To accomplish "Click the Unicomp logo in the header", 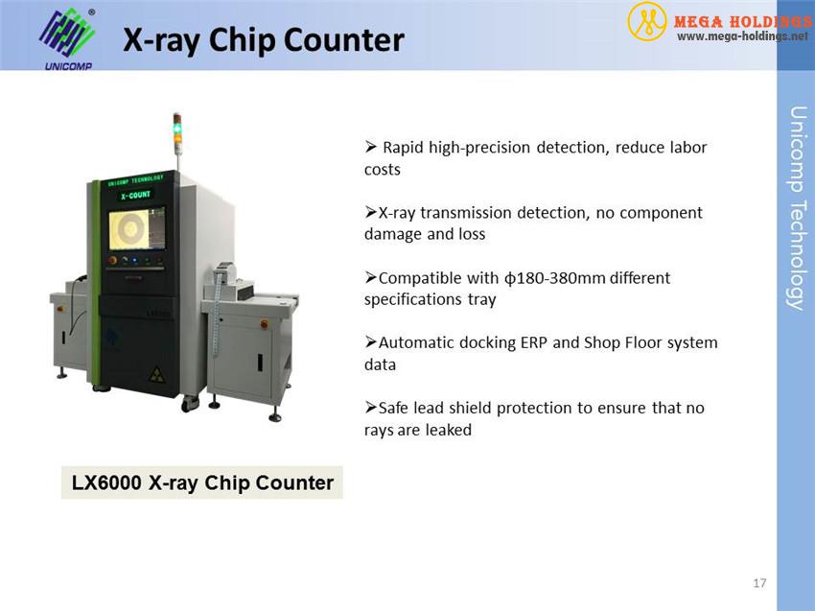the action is tap(67, 38).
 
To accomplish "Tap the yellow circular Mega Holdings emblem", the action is tap(646, 21).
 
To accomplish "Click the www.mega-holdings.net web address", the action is tap(742, 36).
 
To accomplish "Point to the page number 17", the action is tap(759, 583).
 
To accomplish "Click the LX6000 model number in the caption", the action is tap(106, 482).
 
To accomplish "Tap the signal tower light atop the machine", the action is tap(177, 134).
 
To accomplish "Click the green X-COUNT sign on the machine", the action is tap(135, 195).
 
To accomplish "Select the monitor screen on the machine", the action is tap(137, 229).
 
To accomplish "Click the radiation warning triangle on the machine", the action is tap(157, 374).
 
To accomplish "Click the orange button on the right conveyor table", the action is tap(264, 324).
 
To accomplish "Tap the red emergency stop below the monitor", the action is tap(112, 260).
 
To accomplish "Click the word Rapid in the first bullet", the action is tap(403, 149).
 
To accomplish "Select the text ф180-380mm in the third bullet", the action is tap(554, 278).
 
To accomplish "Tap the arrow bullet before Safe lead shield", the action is tap(371, 407).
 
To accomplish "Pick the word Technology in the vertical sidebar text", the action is tap(796, 255).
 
